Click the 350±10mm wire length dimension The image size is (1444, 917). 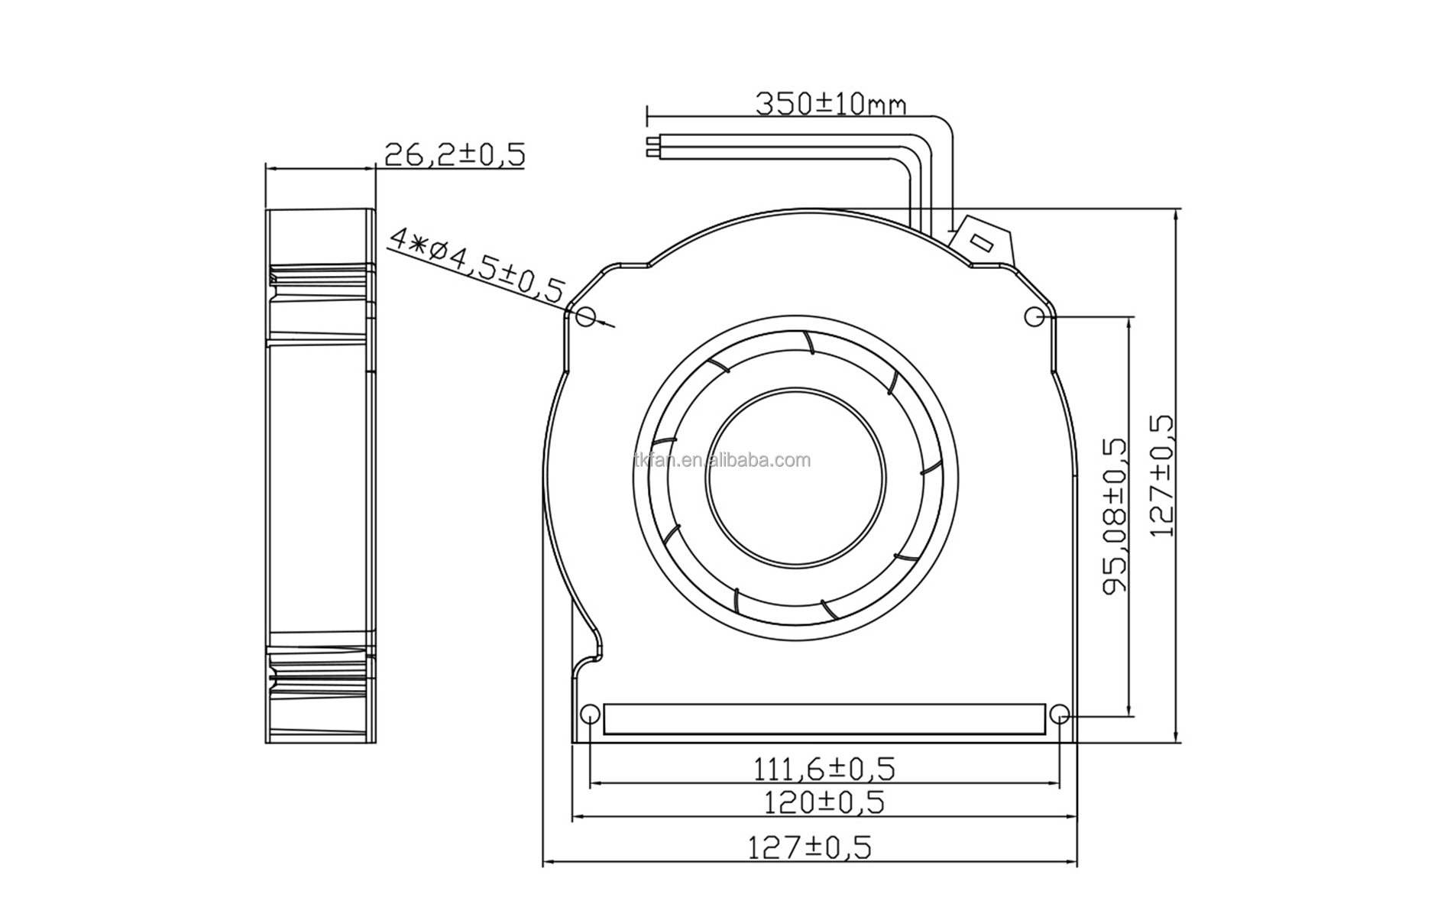[x=830, y=103]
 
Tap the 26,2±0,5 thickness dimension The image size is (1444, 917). [x=454, y=154]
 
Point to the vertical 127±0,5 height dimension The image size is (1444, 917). [x=1161, y=475]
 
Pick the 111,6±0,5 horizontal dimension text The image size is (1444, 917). [x=824, y=769]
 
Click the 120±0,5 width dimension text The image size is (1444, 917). [x=824, y=802]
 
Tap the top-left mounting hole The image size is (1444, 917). [x=585, y=316]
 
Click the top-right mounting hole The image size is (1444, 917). [x=1033, y=316]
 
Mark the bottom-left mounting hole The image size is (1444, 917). [x=590, y=715]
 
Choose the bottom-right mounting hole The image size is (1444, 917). [x=1059, y=715]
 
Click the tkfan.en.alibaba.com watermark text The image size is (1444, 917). [x=722, y=461]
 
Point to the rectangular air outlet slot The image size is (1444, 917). [x=824, y=719]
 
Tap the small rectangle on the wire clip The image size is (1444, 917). [x=981, y=244]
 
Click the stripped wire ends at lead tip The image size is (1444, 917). [x=652, y=147]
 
